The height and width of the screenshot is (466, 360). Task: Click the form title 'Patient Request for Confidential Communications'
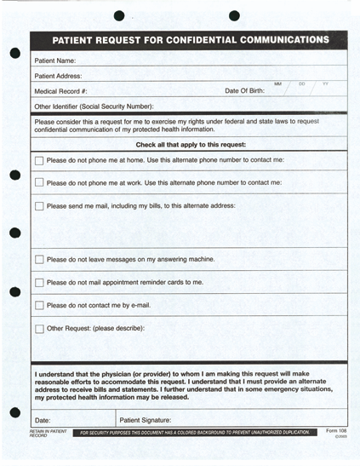[190, 40]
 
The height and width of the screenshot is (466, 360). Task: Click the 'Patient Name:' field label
[55, 60]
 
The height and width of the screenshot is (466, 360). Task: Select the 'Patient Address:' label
[58, 76]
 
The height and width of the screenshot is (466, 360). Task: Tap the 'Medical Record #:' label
[61, 91]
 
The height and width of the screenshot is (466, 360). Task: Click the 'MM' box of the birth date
[278, 85]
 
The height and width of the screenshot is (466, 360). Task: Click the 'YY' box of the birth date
[325, 85]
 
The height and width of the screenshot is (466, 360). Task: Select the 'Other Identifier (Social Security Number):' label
[94, 106]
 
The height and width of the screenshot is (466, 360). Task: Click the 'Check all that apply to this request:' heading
[191, 145]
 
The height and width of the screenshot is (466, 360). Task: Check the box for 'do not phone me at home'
[39, 160]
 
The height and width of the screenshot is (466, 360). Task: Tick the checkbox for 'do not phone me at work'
[39, 182]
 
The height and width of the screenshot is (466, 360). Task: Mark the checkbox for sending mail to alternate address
[39, 205]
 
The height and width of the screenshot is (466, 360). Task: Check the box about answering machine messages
[39, 260]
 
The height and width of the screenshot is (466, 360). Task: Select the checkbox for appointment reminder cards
[39, 282]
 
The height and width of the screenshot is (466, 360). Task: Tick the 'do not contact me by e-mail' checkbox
[39, 305]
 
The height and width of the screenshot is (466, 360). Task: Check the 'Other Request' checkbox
[39, 328]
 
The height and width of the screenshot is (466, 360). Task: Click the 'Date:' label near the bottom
[43, 420]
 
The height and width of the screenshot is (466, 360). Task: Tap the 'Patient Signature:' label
[146, 420]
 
